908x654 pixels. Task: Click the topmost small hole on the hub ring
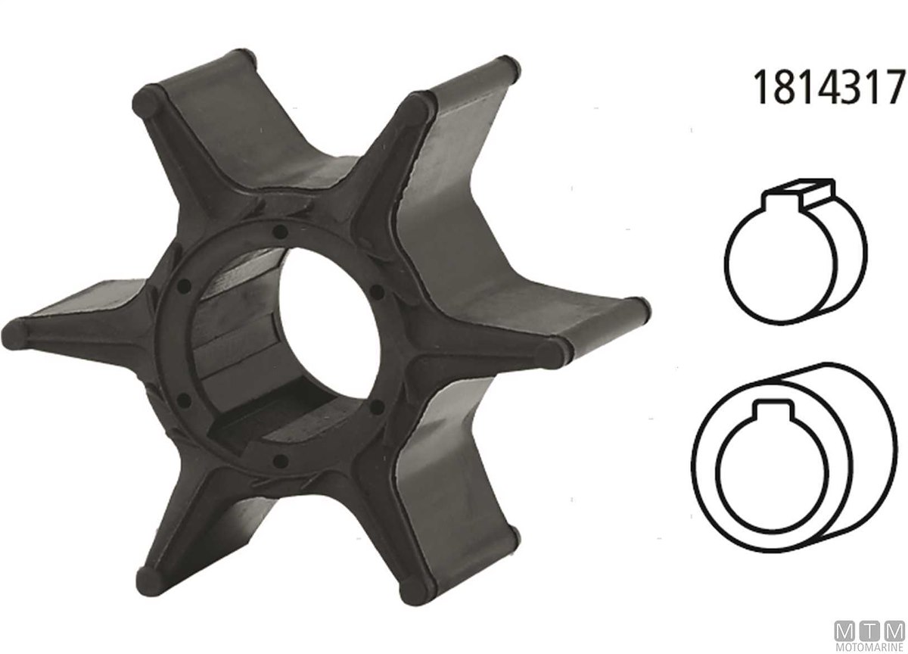click(x=280, y=232)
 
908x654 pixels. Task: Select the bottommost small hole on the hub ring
click(x=281, y=461)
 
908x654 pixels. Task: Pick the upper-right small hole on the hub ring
click(x=378, y=291)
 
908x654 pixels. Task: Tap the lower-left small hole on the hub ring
click(x=185, y=401)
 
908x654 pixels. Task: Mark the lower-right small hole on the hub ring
click(x=377, y=406)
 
